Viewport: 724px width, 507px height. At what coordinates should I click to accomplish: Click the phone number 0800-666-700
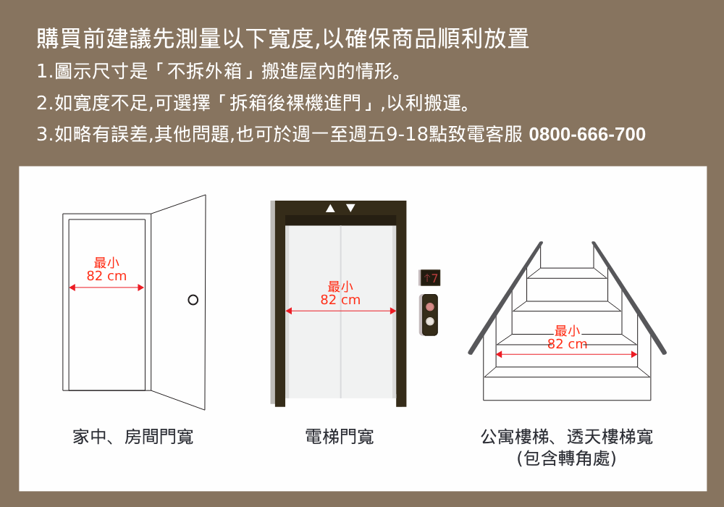(587, 135)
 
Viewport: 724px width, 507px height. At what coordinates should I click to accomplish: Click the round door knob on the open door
(193, 300)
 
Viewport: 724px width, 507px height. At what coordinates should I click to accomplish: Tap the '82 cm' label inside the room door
(106, 276)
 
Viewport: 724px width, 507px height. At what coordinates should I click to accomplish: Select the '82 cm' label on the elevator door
(340, 300)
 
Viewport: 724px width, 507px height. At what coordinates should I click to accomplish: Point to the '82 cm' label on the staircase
(568, 344)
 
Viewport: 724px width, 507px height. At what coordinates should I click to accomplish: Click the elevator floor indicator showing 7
(430, 277)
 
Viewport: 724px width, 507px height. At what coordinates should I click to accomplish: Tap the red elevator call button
(430, 306)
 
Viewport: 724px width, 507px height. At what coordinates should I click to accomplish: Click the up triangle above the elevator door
(330, 209)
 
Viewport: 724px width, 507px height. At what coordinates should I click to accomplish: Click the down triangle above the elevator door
(351, 209)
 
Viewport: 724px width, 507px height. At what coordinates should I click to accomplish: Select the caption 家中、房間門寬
(132, 437)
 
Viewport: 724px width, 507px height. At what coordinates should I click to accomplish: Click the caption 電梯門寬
(340, 437)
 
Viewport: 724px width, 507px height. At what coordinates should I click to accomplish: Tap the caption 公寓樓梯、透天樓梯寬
(567, 437)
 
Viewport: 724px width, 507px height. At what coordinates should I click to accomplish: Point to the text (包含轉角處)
(567, 458)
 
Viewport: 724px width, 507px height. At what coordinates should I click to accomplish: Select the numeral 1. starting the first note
(43, 72)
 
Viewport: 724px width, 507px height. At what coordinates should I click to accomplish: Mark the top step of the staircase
(567, 273)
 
